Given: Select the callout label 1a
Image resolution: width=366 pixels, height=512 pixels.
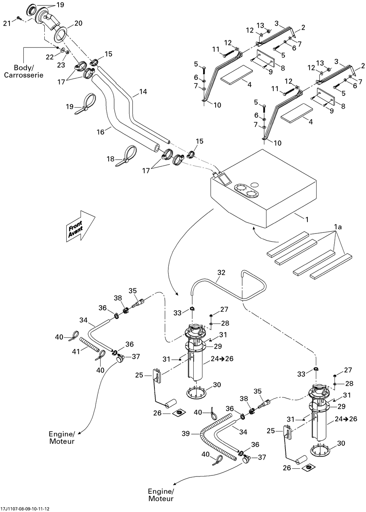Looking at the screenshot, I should tap(338, 227).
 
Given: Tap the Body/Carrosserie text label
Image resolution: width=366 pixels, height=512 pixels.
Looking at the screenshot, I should tap(29, 71).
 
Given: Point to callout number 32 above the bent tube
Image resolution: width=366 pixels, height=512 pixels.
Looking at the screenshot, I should tap(221, 273).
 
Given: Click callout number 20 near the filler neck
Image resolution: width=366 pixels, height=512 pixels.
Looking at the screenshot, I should tap(78, 23).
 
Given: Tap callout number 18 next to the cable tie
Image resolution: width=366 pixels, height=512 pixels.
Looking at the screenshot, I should tap(111, 159).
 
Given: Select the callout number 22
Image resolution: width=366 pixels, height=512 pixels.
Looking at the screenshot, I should tap(50, 57).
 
